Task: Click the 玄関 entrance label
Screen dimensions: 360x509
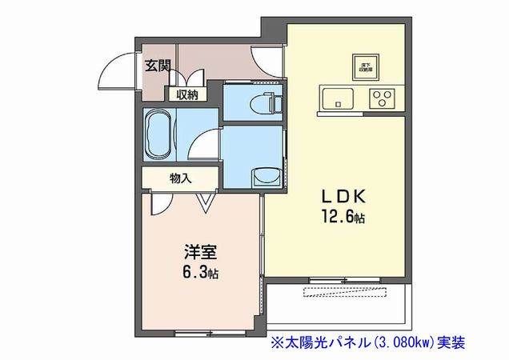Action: [158, 66]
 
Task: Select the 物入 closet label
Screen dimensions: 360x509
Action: [181, 178]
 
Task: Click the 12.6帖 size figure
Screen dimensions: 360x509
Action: [345, 217]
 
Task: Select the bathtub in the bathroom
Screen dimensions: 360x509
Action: [158, 134]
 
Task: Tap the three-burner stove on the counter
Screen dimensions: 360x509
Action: [383, 99]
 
